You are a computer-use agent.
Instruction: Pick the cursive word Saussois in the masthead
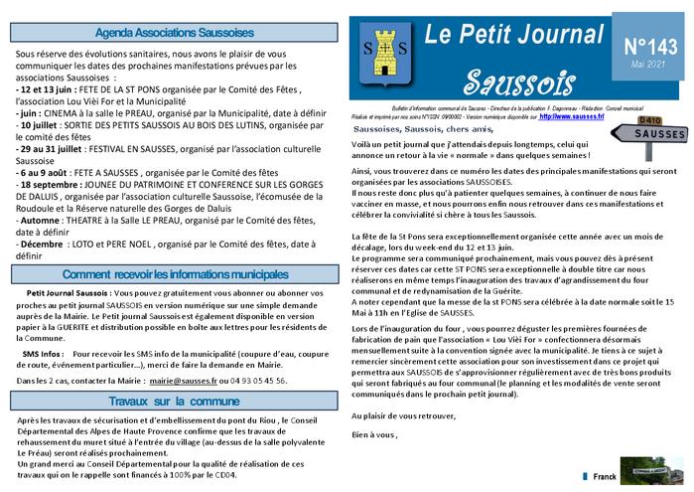click(500, 78)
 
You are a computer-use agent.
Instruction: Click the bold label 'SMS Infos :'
click(43, 353)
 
